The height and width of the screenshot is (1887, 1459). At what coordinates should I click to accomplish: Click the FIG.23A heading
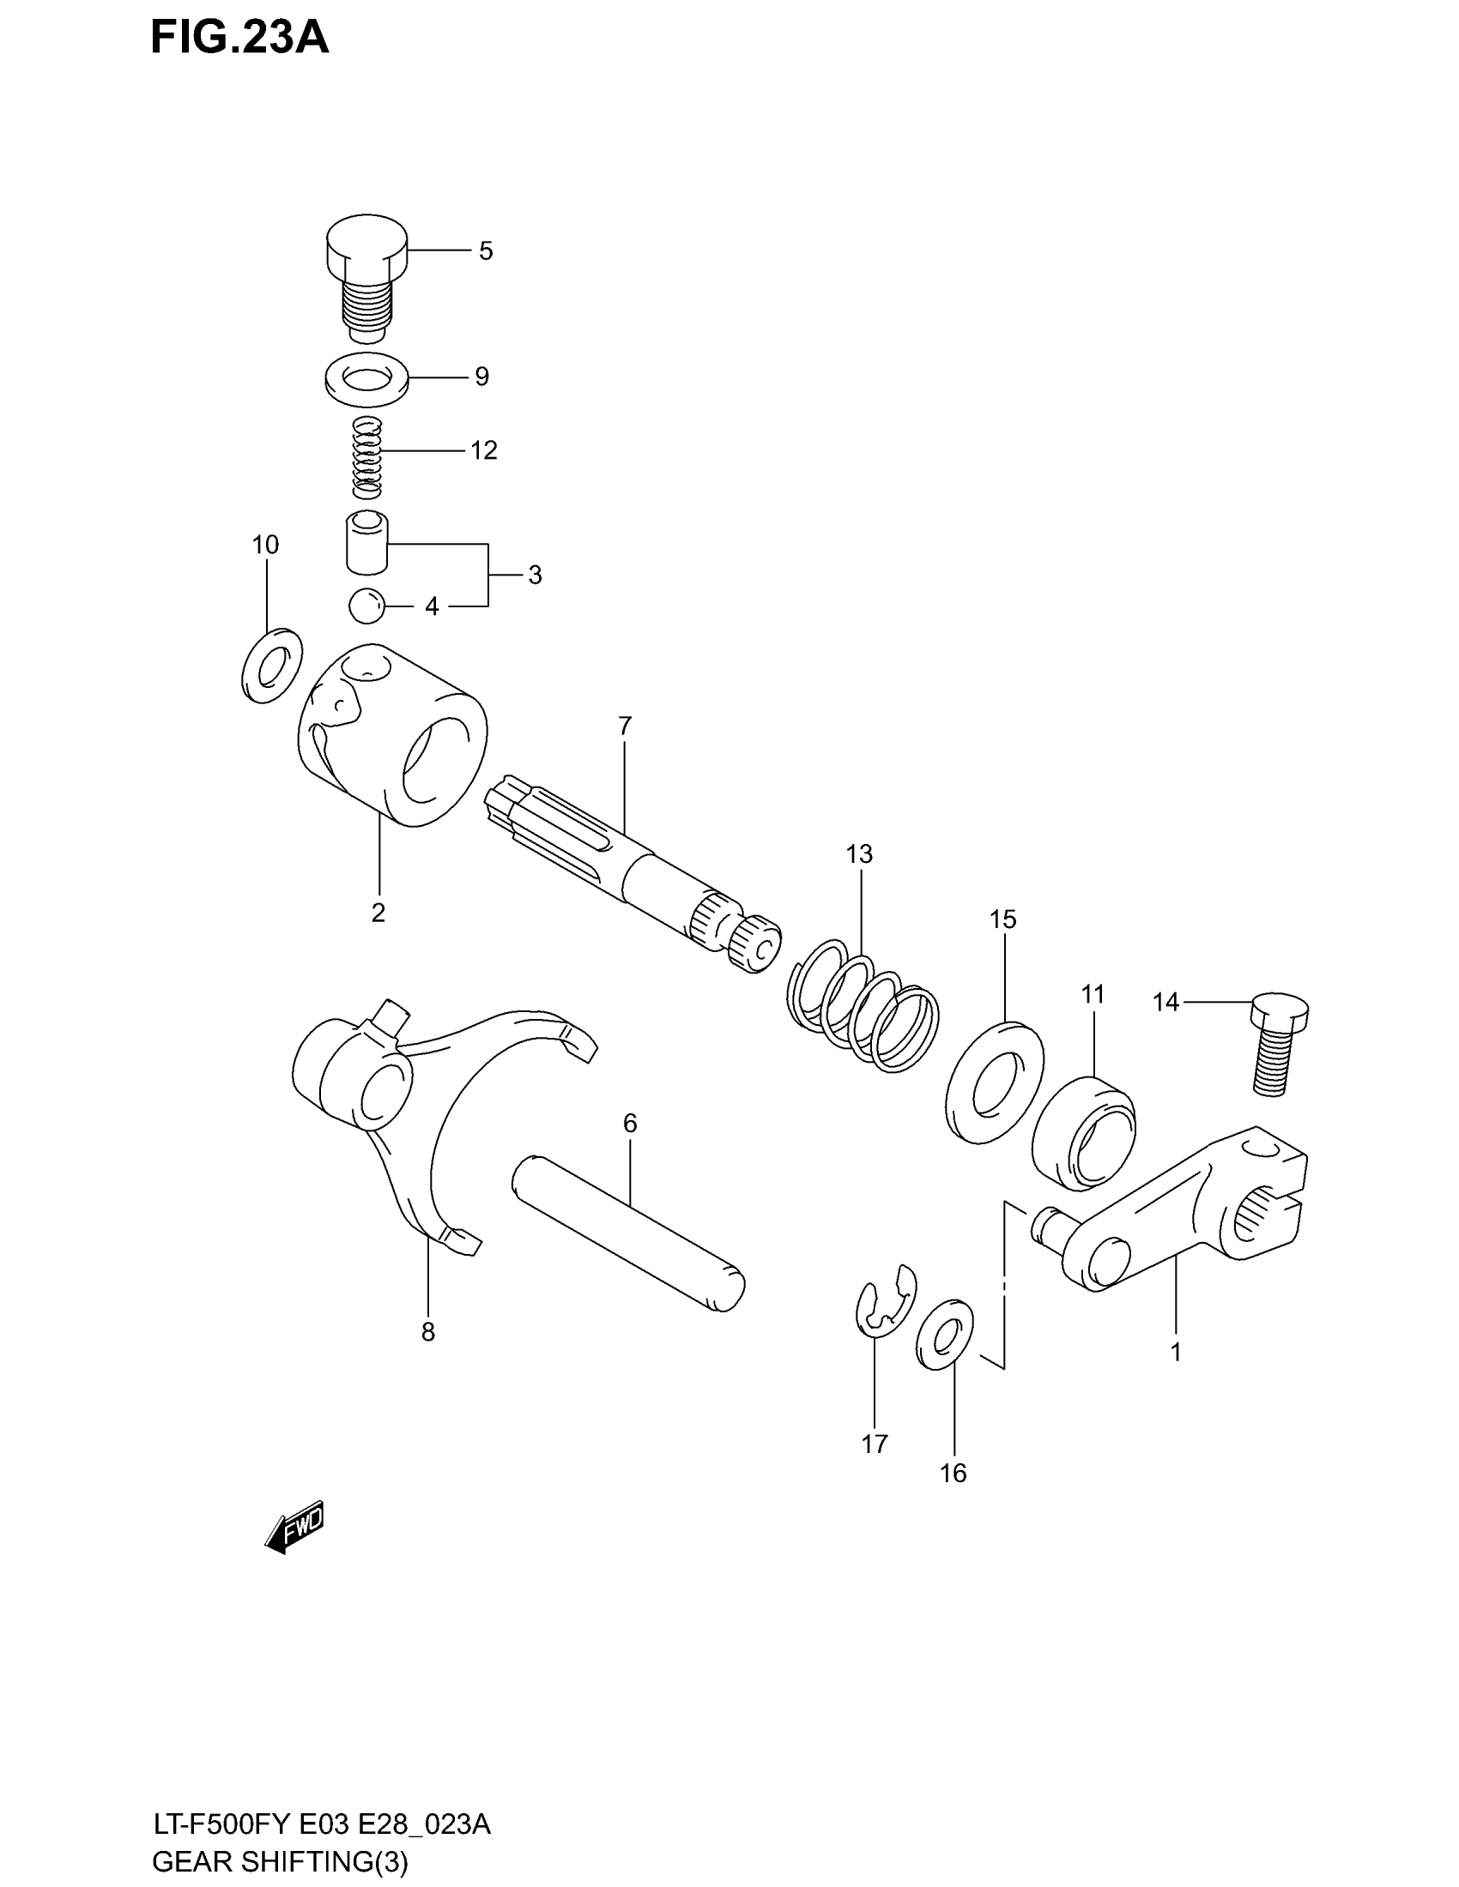(239, 38)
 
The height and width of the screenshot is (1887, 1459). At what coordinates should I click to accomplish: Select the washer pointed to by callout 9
(367, 378)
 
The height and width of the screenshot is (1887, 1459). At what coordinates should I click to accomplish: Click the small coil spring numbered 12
(367, 457)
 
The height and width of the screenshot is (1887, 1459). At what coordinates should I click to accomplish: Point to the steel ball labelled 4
(366, 606)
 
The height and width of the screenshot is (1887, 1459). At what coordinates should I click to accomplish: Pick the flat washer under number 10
(271, 666)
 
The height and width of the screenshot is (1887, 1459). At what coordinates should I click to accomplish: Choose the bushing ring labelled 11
(1084, 1133)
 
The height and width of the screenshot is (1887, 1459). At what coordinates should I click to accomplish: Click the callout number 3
(535, 575)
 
